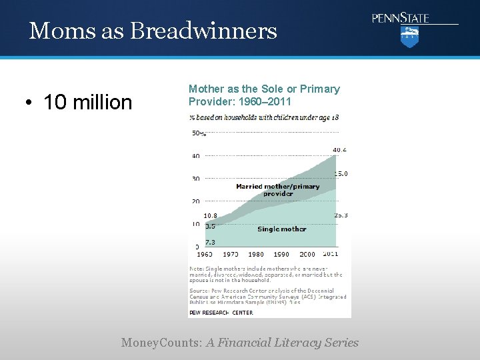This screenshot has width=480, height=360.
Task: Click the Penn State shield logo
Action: [409, 37]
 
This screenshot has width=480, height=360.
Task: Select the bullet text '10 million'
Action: [88, 102]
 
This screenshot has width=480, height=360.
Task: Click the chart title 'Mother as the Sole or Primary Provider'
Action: [264, 95]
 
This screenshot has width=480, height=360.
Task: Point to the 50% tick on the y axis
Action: [199, 133]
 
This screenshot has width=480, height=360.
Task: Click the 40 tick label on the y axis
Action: [196, 156]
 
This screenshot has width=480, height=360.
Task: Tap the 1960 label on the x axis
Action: [204, 254]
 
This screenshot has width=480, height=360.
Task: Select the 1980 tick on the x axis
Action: [255, 254]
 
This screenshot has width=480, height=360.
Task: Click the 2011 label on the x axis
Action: [330, 254]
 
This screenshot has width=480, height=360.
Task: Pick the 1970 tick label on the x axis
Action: [230, 254]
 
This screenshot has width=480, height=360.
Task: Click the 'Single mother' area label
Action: [281, 229]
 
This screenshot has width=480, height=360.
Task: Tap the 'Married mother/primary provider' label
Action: [277, 190]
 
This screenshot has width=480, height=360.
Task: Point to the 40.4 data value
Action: [340, 149]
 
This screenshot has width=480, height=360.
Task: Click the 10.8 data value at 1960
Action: [210, 215]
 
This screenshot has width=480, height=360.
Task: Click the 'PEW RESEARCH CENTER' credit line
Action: [221, 312]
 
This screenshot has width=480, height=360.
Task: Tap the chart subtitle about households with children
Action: [264, 117]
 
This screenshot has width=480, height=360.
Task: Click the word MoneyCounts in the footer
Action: [161, 343]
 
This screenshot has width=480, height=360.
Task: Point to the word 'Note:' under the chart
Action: [197, 268]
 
